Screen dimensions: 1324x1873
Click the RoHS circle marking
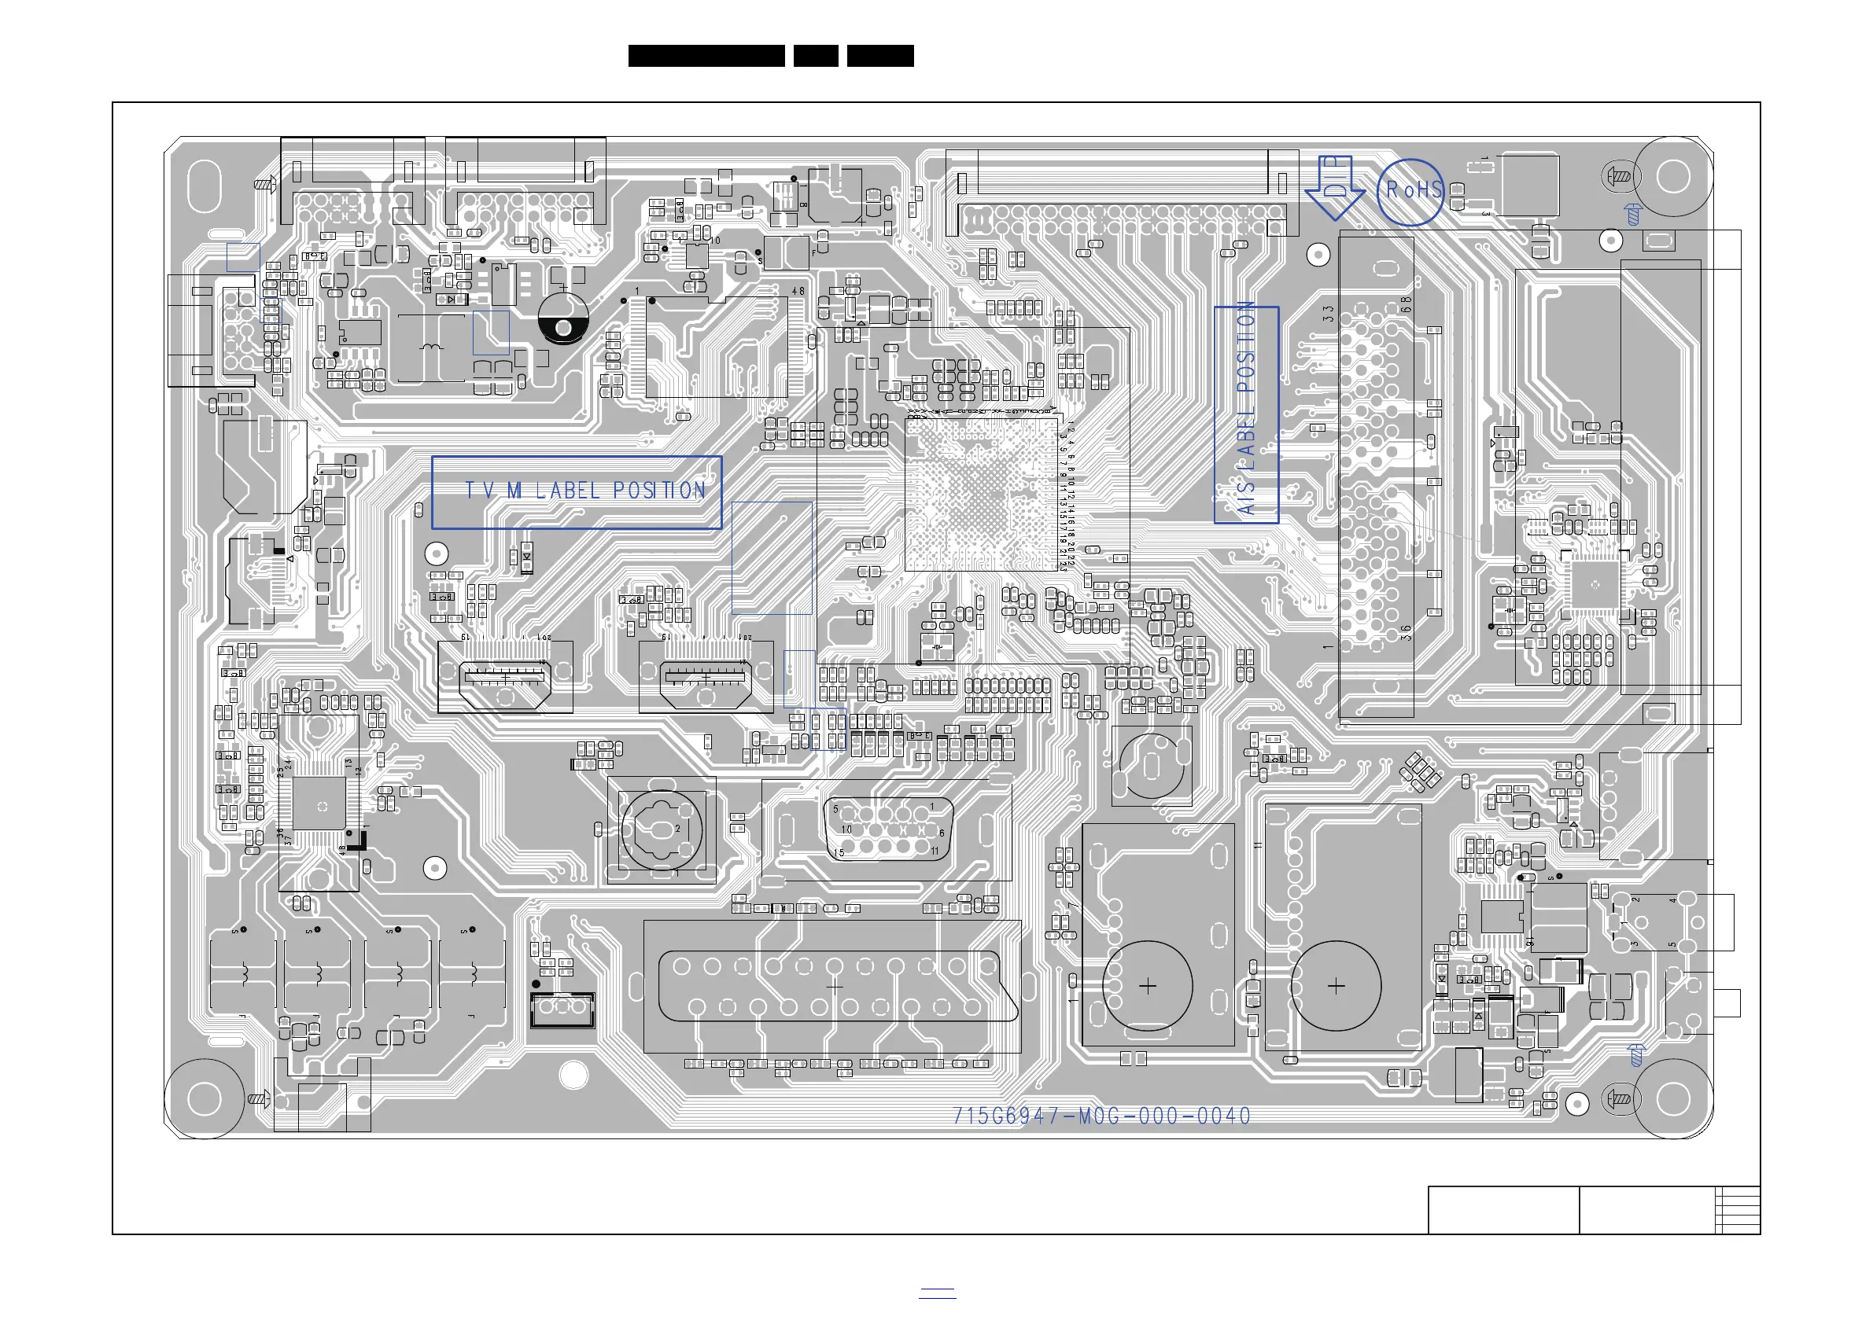point(1410,193)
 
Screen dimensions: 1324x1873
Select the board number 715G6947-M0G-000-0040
point(1101,1116)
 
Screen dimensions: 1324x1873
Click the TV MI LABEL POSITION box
point(577,491)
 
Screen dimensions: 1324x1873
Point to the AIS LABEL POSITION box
point(1246,414)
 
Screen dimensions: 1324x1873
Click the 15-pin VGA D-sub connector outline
point(887,829)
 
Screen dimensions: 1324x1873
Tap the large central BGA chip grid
point(982,492)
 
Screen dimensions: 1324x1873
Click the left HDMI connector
point(505,678)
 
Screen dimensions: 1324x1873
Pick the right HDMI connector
point(706,678)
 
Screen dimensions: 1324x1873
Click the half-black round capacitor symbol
point(563,318)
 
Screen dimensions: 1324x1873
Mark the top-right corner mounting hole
point(1673,177)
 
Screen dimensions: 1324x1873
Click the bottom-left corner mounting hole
point(204,1099)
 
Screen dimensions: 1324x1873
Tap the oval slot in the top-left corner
point(204,186)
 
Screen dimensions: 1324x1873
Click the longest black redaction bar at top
point(706,56)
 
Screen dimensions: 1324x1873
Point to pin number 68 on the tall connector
point(1406,304)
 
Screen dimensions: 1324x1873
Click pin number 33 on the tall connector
point(1329,313)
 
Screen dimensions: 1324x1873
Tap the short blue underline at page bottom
point(938,1292)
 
